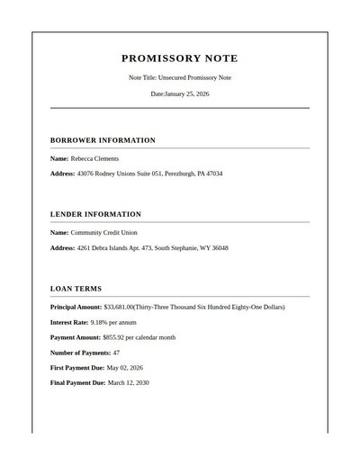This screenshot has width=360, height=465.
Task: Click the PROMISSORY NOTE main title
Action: pos(180,58)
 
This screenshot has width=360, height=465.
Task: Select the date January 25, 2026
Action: pos(187,94)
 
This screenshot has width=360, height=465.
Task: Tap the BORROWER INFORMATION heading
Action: pos(103,140)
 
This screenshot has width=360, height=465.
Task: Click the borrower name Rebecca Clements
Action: pos(94,158)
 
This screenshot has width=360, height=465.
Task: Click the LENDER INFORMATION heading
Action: pos(95,214)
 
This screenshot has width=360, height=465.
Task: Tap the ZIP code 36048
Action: pos(219,247)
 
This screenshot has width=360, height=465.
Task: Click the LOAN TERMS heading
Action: pos(76,289)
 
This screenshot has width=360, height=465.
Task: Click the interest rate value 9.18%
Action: pos(101,322)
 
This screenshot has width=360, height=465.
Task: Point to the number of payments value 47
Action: pos(116,353)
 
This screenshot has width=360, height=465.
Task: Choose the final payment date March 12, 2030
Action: pos(129,383)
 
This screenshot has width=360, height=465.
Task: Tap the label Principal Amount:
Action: pos(76,307)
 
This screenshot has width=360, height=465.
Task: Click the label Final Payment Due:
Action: pos(77,383)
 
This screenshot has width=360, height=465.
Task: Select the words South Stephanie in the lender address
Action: pos(177,247)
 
